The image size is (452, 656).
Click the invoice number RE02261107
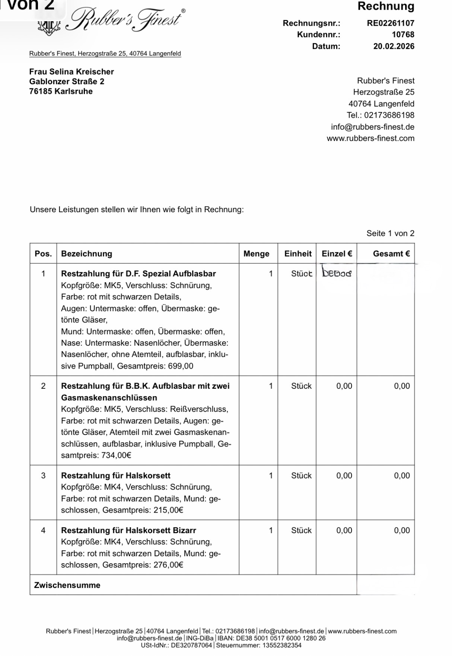click(x=390, y=23)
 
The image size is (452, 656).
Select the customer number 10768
click(x=403, y=35)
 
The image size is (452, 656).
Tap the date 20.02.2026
click(x=394, y=46)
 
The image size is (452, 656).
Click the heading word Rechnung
click(x=386, y=6)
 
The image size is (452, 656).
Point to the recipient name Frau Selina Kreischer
click(x=71, y=71)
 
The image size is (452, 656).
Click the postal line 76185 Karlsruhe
click(x=61, y=91)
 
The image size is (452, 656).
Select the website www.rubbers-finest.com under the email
click(x=370, y=138)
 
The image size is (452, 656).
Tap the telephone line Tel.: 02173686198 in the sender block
click(x=380, y=115)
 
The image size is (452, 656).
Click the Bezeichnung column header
click(x=86, y=254)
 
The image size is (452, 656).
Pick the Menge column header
click(x=256, y=254)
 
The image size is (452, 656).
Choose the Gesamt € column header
click(x=391, y=254)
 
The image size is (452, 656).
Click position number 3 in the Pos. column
click(x=43, y=475)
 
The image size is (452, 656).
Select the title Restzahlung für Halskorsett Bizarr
click(x=128, y=530)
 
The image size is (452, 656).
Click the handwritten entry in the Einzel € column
click(x=337, y=273)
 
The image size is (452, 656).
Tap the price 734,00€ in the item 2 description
click(x=116, y=455)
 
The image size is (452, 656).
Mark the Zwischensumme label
click(x=67, y=585)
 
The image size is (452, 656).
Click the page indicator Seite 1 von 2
click(x=390, y=233)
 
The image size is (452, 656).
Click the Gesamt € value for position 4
click(x=402, y=530)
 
